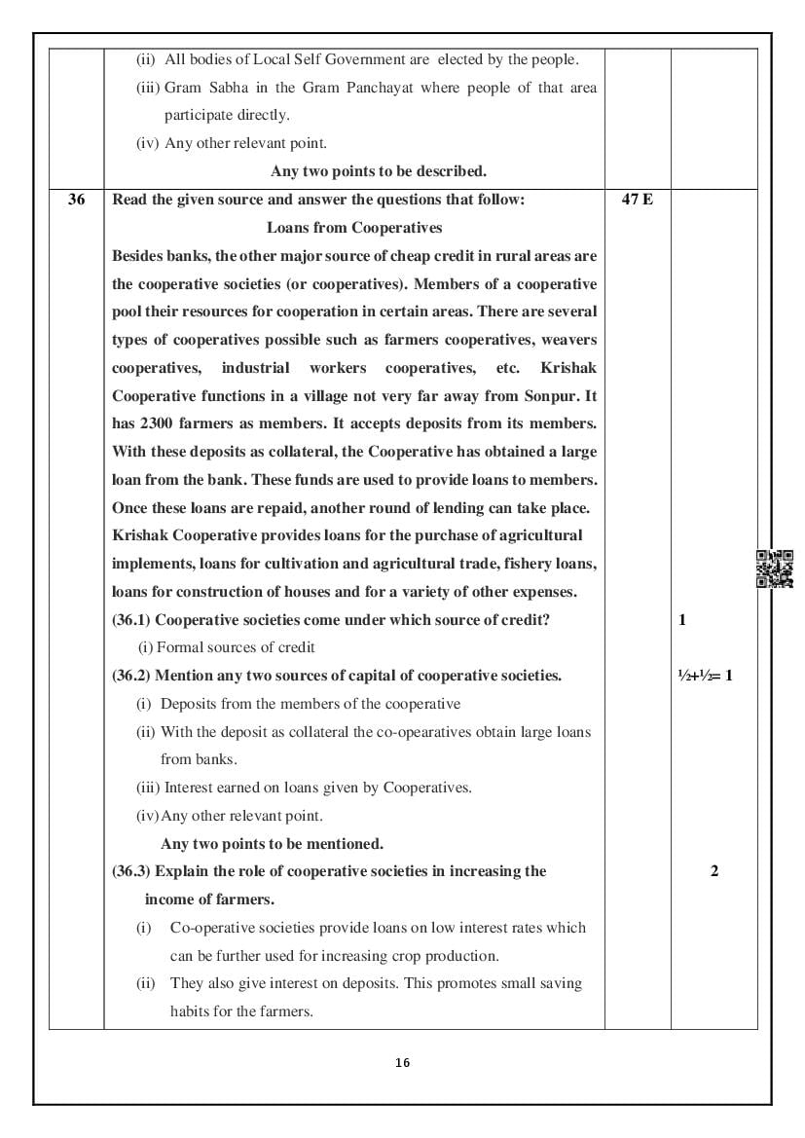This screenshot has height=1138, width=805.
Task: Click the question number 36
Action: click(76, 200)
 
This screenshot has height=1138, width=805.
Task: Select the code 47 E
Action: click(637, 200)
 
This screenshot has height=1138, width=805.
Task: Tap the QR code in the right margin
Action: click(774, 569)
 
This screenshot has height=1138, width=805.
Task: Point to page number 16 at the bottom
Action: click(403, 1062)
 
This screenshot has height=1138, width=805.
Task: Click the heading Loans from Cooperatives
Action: click(354, 228)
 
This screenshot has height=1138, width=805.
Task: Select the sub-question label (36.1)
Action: click(131, 620)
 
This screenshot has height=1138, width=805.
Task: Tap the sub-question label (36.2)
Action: click(131, 676)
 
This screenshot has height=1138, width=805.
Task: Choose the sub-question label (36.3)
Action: click(131, 871)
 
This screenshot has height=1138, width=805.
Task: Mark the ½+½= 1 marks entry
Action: click(705, 676)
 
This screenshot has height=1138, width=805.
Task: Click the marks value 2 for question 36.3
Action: click(714, 871)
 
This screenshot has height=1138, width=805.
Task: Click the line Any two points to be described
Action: click(379, 171)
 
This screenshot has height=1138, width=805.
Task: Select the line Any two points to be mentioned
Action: click(272, 844)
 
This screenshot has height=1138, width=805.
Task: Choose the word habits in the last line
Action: click(192, 1011)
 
